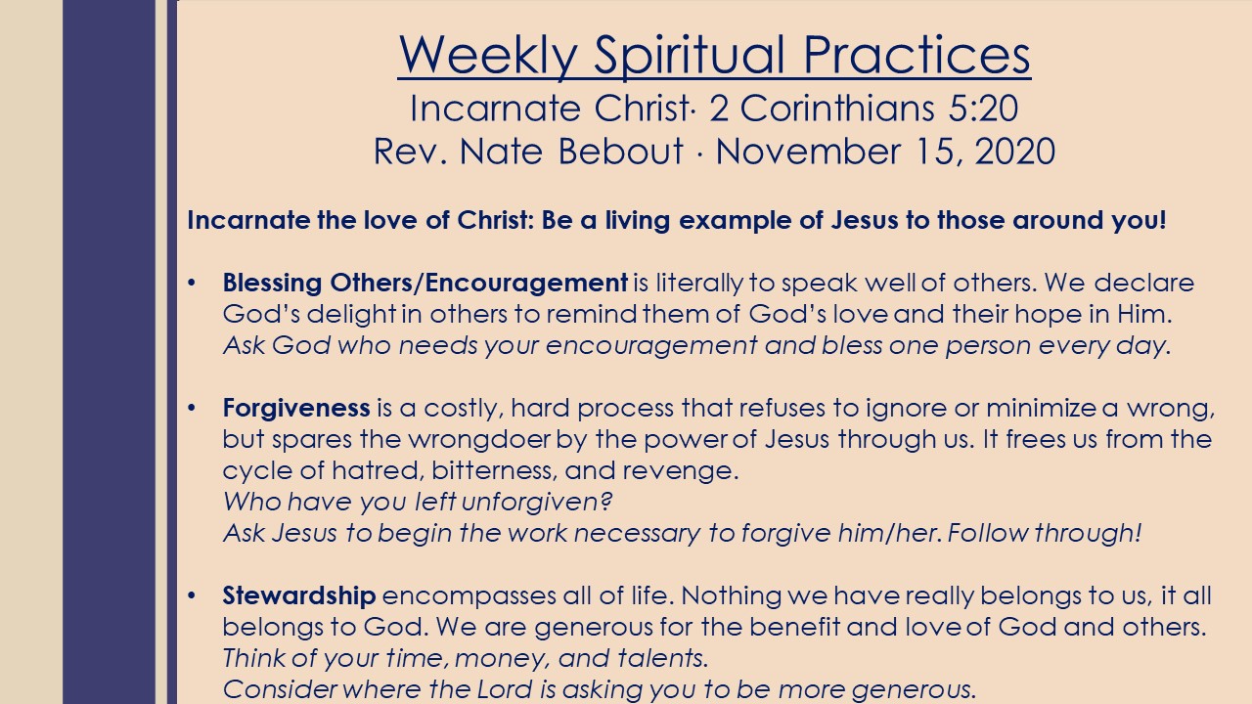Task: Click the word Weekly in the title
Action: [x=488, y=55]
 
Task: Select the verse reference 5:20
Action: [x=983, y=108]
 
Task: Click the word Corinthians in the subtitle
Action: [x=836, y=108]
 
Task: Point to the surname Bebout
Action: [x=620, y=151]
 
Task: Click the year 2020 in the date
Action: [x=1015, y=151]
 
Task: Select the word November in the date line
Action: [x=808, y=151]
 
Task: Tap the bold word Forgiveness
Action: [x=296, y=409]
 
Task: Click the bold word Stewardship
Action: [x=299, y=595]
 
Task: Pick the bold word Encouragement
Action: [x=526, y=284]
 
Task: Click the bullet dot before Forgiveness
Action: [x=192, y=409]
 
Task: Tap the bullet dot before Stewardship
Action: [x=192, y=595]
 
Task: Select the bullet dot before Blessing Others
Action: [x=192, y=283]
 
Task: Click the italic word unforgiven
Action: [x=536, y=502]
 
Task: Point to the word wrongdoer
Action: [x=479, y=439]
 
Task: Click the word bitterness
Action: [x=495, y=470]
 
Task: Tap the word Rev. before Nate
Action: [x=410, y=151]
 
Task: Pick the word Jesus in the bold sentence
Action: [x=864, y=220]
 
